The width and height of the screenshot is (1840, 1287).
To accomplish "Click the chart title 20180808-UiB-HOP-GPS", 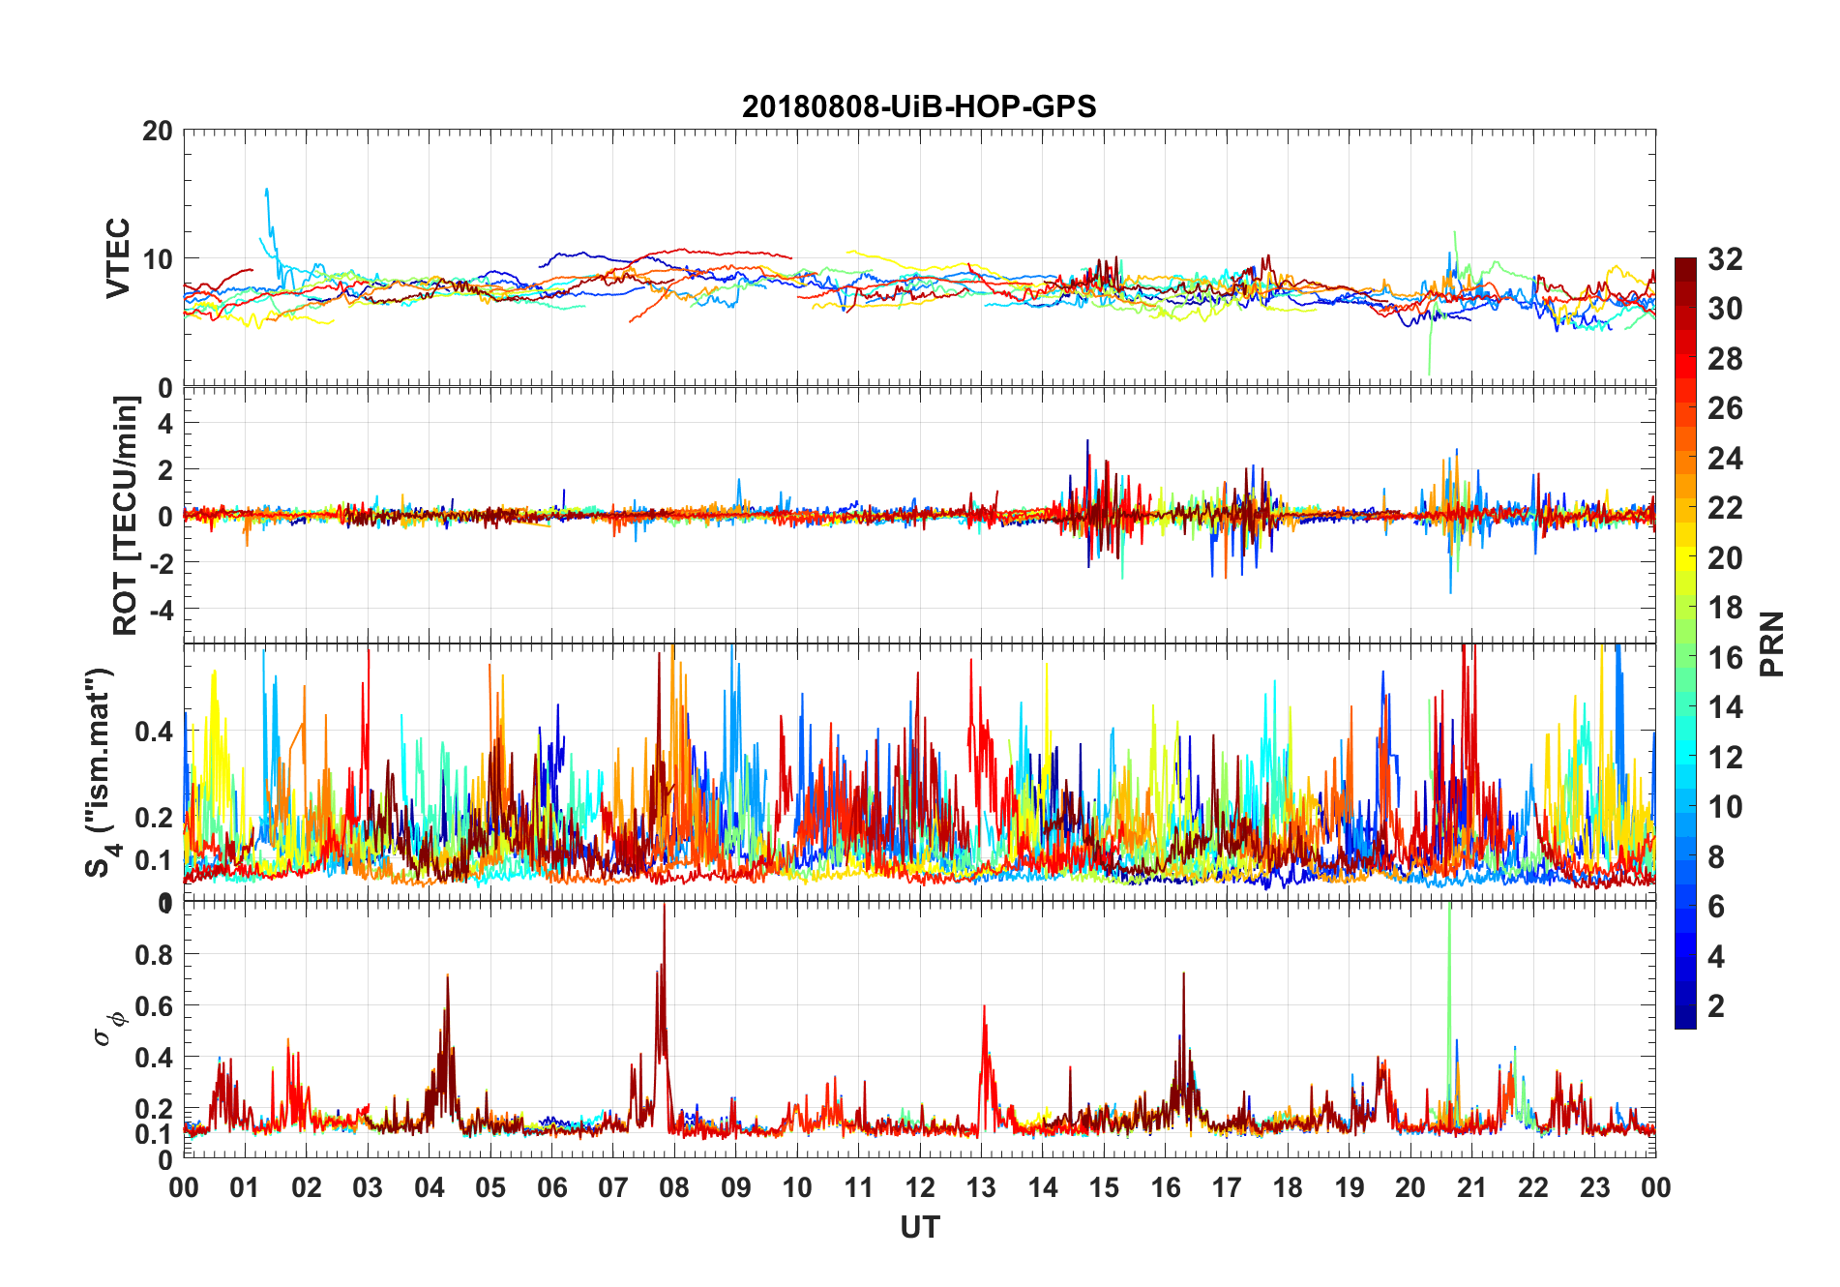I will click(919, 106).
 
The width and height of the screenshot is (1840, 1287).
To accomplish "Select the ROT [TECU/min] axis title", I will click(126, 515).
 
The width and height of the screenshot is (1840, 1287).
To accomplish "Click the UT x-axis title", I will click(919, 1227).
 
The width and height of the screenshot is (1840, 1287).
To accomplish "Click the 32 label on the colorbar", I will click(1725, 259).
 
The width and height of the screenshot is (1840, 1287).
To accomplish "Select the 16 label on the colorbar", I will click(1725, 658).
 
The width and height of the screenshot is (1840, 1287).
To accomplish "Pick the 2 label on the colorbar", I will click(1716, 1006).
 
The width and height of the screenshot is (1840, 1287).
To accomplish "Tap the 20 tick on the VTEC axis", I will click(158, 131).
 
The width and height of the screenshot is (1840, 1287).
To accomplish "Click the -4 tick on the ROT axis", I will click(161, 610).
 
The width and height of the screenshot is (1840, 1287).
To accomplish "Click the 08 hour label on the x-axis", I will click(674, 1187).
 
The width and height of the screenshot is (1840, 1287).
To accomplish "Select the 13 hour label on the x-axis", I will click(981, 1187).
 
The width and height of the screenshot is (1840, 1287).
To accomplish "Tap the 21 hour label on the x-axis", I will click(1471, 1187).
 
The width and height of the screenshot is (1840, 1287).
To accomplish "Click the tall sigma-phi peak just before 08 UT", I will click(664, 914).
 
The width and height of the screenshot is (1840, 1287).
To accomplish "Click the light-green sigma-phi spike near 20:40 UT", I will click(1449, 919).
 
